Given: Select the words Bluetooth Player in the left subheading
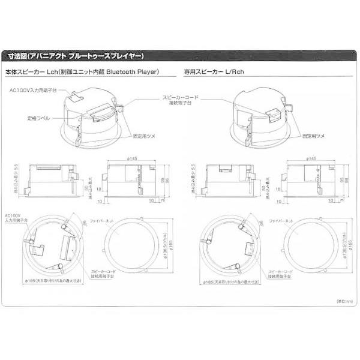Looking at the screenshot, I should [x=133, y=72].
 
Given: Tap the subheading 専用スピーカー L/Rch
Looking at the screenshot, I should [x=217, y=72].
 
